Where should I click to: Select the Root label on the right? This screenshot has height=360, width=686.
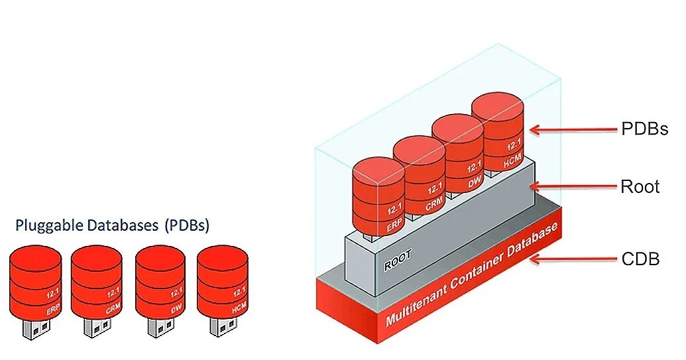click(640, 186)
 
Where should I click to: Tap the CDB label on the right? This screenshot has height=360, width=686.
click(640, 259)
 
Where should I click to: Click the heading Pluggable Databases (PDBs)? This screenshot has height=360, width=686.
click(112, 225)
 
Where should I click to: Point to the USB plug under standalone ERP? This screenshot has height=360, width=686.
click(36, 328)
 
